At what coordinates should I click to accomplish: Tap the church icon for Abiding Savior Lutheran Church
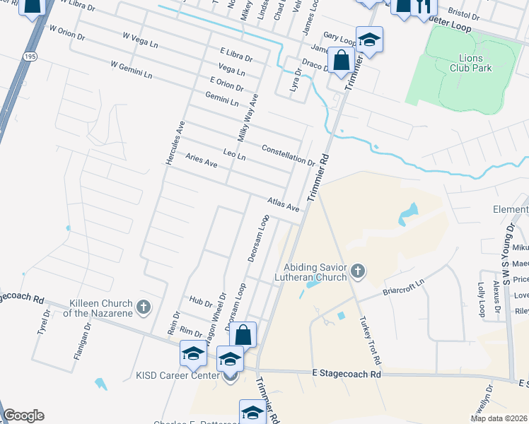[359, 271]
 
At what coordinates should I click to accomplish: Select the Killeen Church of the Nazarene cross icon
[144, 307]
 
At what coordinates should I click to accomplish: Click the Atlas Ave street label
[284, 205]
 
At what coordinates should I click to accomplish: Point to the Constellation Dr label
[288, 155]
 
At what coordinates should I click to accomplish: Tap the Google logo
[23, 416]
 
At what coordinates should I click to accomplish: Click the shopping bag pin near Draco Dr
[342, 61]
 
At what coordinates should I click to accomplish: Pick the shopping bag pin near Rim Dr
[243, 335]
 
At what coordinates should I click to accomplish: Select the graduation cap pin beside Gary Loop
[369, 40]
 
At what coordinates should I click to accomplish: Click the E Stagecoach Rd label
[347, 372]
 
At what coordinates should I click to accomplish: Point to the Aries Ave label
[201, 162]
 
